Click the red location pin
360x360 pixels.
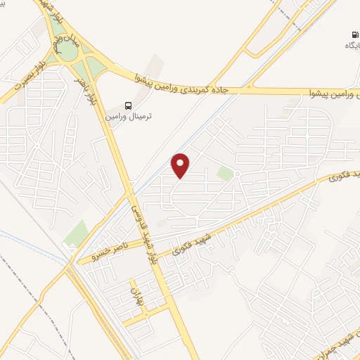(181, 166)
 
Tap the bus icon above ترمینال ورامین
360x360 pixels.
(128, 105)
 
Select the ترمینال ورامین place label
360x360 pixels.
(128, 115)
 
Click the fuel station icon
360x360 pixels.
(353, 34)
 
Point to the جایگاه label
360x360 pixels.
(352, 45)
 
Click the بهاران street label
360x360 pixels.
(134, 297)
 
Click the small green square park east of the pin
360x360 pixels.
(224, 173)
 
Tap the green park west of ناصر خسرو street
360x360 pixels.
(76, 233)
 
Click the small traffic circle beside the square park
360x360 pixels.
(238, 174)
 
